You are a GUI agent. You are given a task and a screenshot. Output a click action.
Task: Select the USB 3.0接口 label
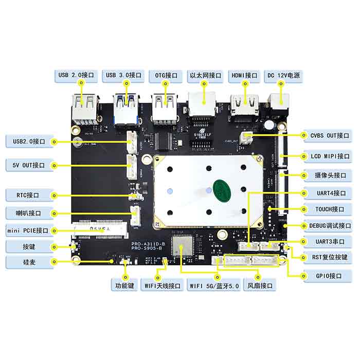pos(123,76)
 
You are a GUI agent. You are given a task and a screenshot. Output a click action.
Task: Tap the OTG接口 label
pos(166,76)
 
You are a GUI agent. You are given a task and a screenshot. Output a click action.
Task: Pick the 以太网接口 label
pos(204,76)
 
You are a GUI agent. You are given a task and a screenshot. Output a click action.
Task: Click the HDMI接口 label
pos(244,76)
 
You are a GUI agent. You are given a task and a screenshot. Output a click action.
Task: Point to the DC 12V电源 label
pos(283,76)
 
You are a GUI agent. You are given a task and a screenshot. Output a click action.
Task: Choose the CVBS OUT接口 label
pos(327,135)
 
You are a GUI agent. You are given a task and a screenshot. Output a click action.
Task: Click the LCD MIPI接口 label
pos(327,156)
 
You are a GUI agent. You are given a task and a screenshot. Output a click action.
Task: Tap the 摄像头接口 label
pos(327,175)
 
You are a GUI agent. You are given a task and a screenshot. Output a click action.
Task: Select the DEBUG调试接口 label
pos(327,225)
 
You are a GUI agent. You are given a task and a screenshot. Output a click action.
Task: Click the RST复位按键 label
pos(327,257)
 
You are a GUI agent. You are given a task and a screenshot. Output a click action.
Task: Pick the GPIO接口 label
pos(327,276)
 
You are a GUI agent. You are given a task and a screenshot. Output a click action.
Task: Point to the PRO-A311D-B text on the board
pos(147,244)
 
